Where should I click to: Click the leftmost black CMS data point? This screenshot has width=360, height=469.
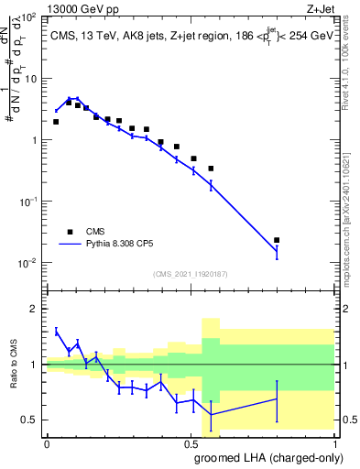pos(56,122)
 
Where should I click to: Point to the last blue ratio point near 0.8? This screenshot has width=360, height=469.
pos(277,398)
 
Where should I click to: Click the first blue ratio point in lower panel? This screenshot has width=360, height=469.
pos(56,331)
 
